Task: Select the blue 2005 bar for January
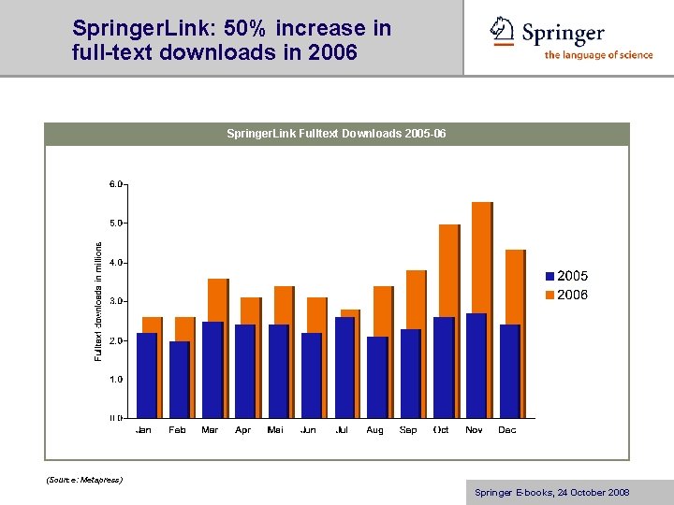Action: [146, 375]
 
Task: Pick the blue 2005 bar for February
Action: [179, 379]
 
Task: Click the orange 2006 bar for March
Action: [218, 299]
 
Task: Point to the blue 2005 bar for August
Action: [376, 377]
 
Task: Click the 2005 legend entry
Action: [565, 276]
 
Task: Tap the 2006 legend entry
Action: [565, 295]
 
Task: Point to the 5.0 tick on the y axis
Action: [116, 224]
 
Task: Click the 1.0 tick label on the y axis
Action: [116, 380]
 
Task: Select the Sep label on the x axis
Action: [408, 430]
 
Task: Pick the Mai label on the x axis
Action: [276, 430]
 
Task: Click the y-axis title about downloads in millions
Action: [98, 300]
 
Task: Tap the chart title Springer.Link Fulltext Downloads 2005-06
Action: [336, 135]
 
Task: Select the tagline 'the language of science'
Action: [598, 55]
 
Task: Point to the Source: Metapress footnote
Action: [84, 480]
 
